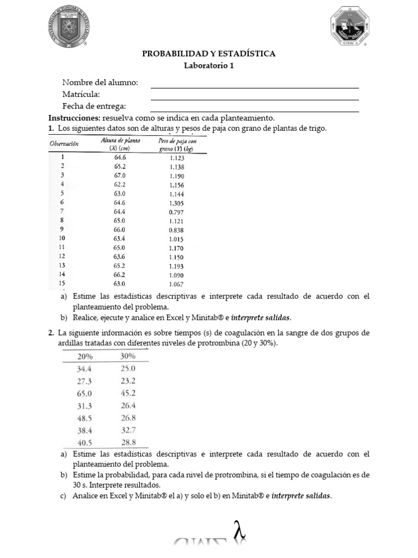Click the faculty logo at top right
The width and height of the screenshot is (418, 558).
point(349,31)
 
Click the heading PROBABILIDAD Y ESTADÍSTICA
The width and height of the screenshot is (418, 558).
point(208,53)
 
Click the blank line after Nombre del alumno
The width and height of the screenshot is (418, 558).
point(254,86)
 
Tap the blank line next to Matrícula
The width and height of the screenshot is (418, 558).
point(254,98)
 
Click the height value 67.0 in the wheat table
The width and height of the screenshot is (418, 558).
point(120,176)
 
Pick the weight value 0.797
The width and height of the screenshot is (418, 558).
point(176,211)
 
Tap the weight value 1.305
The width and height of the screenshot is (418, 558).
point(177,202)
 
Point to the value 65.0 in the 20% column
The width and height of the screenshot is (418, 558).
point(85,392)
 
